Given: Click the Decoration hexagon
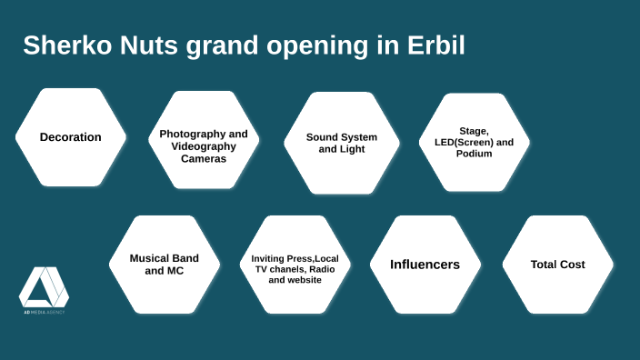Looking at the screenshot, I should point(70,137).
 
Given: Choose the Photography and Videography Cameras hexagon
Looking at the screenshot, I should point(204,145).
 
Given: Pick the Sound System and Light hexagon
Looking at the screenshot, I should point(341,143).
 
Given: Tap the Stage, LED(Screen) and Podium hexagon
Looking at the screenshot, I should point(474,143).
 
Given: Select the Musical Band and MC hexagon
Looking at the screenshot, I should point(165,264).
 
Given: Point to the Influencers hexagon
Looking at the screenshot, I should point(425,265).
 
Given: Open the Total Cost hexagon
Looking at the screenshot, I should point(557,265).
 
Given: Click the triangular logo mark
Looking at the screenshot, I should point(44,287).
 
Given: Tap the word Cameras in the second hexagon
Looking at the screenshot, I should point(204,158).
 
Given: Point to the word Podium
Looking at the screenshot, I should point(474,154).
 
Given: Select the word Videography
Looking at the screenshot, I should point(204,145).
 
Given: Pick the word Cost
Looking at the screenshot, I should point(572,265).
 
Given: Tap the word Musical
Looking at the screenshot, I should point(151,257).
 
